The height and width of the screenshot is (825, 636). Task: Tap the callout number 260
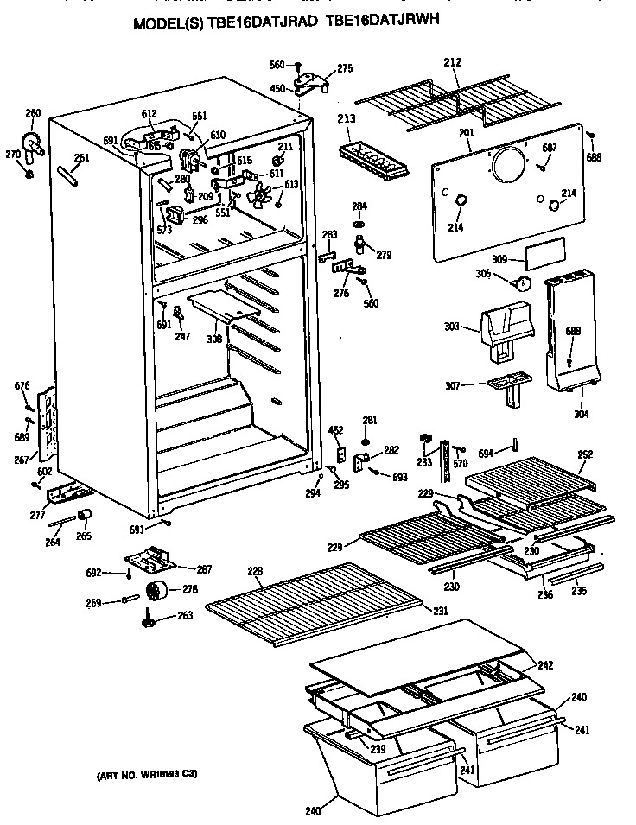[33, 113]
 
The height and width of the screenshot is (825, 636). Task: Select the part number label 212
[452, 62]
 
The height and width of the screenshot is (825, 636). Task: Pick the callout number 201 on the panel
[467, 132]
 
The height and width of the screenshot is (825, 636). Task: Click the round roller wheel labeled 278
[156, 592]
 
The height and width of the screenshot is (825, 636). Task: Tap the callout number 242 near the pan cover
[545, 664]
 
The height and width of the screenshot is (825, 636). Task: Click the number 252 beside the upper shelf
[585, 454]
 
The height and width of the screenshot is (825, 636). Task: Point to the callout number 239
[378, 748]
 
